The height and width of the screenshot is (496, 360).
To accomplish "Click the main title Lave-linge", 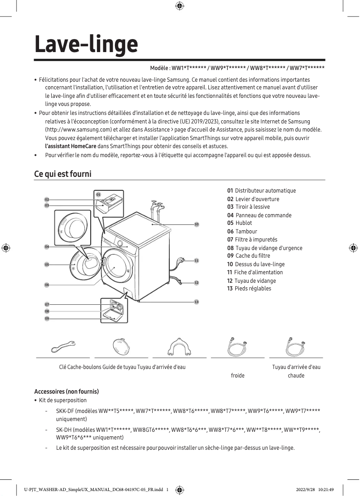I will (x=86, y=44).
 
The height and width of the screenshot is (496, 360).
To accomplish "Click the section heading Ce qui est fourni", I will (x=63, y=174).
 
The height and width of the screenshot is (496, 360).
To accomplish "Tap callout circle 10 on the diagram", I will (x=197, y=224).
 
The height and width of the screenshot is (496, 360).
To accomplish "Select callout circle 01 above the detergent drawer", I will (x=98, y=194).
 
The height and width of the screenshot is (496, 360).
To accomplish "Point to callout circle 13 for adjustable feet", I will (x=197, y=302).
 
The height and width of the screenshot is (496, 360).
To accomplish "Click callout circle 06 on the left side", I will (x=47, y=285).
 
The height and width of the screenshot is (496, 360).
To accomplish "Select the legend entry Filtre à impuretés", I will (x=252, y=240).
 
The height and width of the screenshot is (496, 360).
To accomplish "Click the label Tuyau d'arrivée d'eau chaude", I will (x=296, y=371).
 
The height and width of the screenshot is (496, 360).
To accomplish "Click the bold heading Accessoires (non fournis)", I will (x=66, y=391).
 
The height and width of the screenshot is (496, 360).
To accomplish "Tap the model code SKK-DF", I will (x=65, y=411).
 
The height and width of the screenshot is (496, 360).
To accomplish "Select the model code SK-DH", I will (x=65, y=430).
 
